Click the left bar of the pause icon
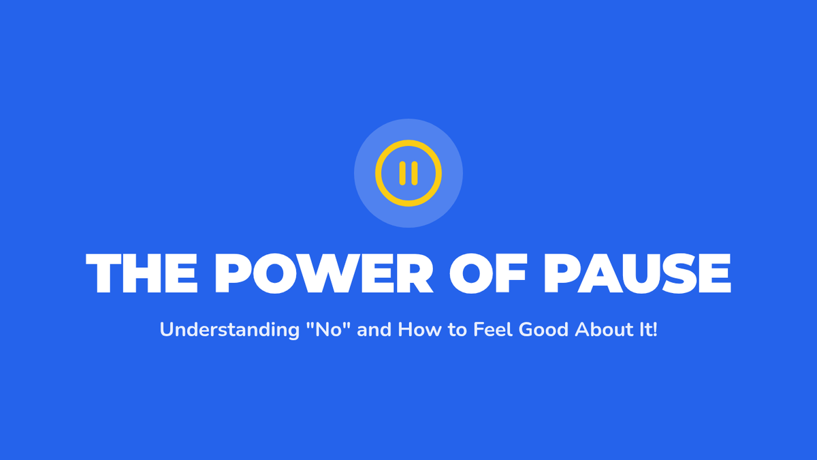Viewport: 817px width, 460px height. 402,173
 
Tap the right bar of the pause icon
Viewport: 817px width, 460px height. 415,173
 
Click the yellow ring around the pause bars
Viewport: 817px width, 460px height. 408,142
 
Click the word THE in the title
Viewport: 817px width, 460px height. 142,273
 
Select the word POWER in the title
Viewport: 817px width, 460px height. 324,273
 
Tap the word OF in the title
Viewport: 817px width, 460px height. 488,273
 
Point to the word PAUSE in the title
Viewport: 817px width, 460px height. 637,273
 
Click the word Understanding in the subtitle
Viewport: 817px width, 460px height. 230,330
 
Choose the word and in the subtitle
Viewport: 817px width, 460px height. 374,329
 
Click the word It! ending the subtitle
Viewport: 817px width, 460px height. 645,329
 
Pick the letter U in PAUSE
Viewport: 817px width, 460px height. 634,273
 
